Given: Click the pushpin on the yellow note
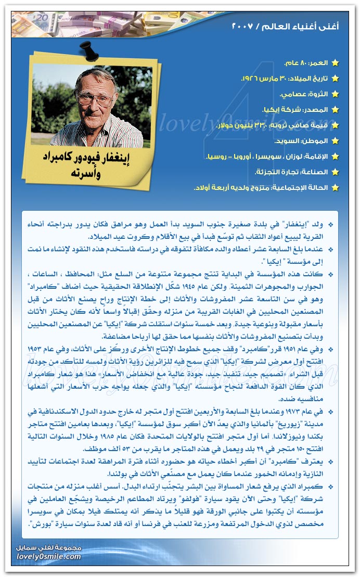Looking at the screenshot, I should [85, 50].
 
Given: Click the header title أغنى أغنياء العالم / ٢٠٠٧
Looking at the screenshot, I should [285, 26].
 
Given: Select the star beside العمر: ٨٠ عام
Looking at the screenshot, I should [335, 63].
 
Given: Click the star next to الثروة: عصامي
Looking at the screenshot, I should [335, 95].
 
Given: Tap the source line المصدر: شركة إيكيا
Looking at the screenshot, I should [295, 110].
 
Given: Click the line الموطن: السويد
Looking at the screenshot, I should [301, 140].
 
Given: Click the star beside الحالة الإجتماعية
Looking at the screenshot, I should [335, 187].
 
